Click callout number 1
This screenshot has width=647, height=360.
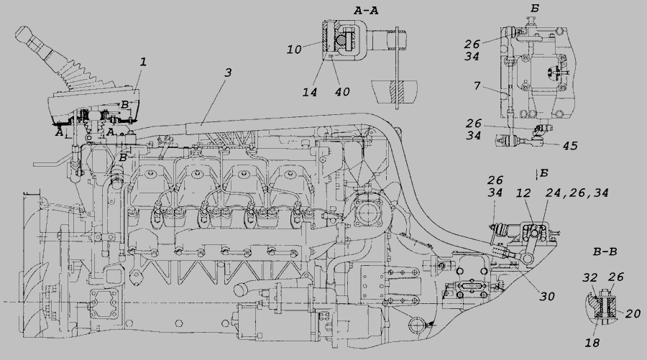[x=143, y=63]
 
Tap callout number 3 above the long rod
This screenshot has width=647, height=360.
[x=228, y=73]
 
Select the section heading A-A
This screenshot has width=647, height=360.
[x=366, y=11]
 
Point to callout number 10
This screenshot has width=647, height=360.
[x=294, y=50]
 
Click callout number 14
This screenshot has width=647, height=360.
[x=309, y=92]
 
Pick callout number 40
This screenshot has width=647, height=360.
[x=342, y=91]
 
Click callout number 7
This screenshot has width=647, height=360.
[x=477, y=86]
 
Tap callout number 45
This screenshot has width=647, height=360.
[x=570, y=146]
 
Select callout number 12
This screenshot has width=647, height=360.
[x=523, y=193]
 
